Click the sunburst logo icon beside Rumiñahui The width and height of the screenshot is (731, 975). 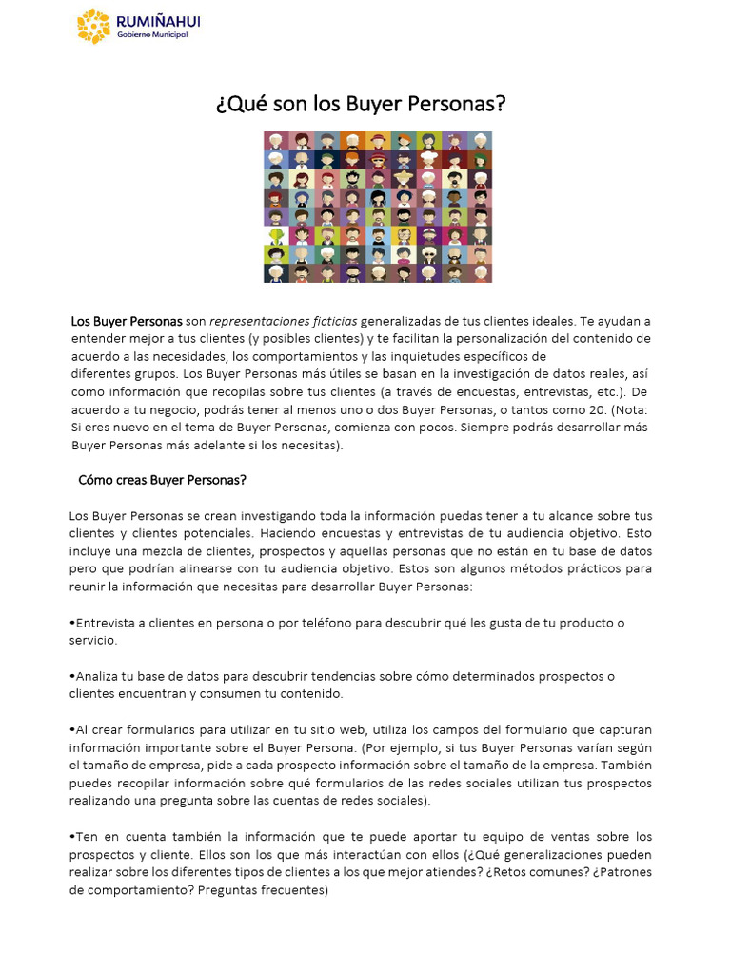click(x=93, y=26)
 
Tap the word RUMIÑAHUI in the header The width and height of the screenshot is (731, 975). click(x=157, y=21)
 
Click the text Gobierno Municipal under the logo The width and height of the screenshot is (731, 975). click(x=151, y=35)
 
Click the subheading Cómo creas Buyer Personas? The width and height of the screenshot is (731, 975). click(x=162, y=480)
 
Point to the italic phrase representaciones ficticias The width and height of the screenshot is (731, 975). click(x=284, y=321)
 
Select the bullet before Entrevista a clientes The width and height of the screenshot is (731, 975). click(x=72, y=623)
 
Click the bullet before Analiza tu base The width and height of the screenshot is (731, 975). click(x=72, y=676)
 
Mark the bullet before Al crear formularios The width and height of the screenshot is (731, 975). click(x=72, y=729)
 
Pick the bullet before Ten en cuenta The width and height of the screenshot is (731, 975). click(x=72, y=837)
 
